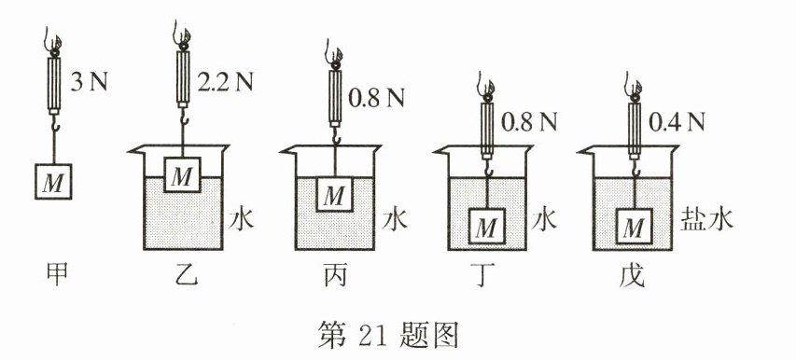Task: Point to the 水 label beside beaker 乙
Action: click(x=244, y=221)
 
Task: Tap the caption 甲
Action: click(x=54, y=274)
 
